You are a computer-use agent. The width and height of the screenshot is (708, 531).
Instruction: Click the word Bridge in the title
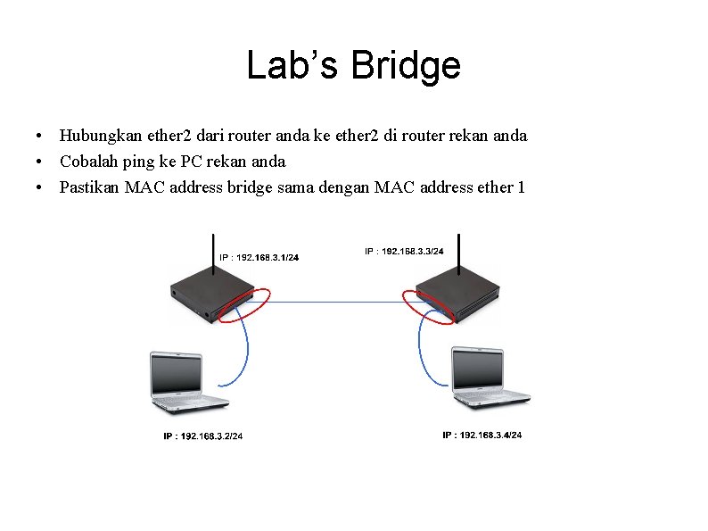tap(406, 66)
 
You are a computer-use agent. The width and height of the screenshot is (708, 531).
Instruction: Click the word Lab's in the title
tap(292, 64)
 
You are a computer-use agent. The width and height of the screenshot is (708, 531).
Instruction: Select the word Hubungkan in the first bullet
tap(101, 136)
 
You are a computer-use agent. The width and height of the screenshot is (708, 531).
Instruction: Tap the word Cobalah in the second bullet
tap(89, 162)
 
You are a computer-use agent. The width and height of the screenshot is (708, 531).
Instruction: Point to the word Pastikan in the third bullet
tap(89, 187)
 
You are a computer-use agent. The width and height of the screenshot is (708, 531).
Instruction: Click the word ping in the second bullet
tap(138, 162)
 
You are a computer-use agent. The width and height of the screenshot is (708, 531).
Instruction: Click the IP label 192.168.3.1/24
tap(259, 258)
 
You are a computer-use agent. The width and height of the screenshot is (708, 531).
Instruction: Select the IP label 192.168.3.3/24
tap(404, 252)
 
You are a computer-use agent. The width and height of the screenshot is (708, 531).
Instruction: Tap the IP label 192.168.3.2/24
tap(202, 436)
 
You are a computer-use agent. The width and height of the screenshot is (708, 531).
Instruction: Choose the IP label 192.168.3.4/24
tap(482, 435)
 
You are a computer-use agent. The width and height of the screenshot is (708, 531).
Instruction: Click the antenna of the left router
tap(214, 254)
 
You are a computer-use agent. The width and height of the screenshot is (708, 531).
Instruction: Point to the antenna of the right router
tap(458, 254)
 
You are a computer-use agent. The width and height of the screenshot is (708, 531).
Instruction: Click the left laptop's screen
tap(176, 374)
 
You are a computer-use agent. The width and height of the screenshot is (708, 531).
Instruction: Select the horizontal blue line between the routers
tap(337, 302)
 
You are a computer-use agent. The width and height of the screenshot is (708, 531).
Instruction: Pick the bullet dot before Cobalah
tap(39, 162)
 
